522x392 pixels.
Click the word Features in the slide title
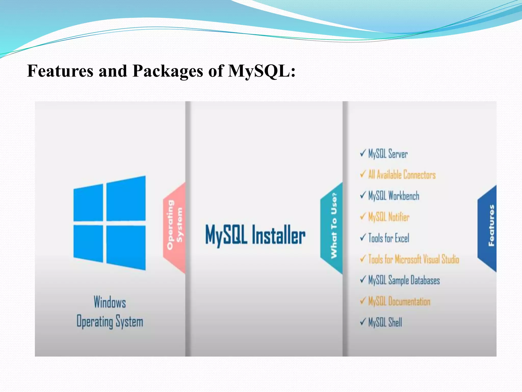(x=60, y=71)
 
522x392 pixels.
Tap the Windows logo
(x=110, y=223)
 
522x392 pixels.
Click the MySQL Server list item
(x=388, y=154)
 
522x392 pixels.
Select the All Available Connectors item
(x=402, y=175)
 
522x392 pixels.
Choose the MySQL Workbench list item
(x=394, y=196)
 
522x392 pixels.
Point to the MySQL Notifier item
(x=389, y=217)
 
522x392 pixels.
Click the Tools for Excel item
(x=389, y=238)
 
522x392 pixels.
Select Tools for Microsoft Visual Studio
(x=413, y=259)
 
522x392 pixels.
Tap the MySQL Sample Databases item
(x=404, y=280)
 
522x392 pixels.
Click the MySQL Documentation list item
(x=399, y=301)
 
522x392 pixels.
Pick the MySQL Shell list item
(x=385, y=322)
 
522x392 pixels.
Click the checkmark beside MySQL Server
(x=363, y=153)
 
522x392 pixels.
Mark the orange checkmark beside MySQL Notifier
(x=363, y=216)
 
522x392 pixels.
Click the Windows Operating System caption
(x=110, y=312)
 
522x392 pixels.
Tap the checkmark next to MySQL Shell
(x=363, y=322)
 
